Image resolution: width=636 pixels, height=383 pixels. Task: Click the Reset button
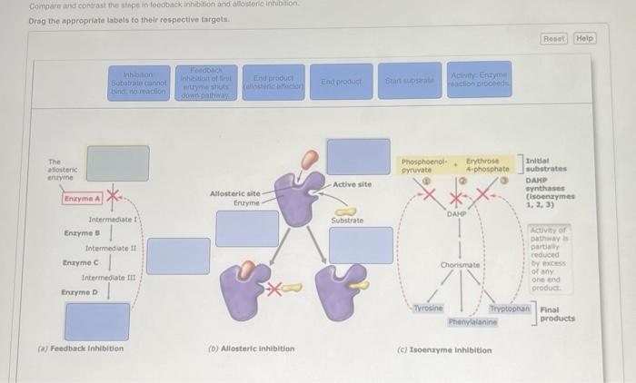(x=552, y=39)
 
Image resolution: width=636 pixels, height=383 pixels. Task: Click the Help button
(x=584, y=39)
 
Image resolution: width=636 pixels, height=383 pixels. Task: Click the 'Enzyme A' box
(x=83, y=198)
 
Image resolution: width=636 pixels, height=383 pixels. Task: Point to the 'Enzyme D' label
(x=81, y=292)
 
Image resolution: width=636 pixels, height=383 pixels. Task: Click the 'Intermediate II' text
(x=110, y=248)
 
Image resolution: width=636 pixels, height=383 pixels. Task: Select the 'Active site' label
(x=352, y=184)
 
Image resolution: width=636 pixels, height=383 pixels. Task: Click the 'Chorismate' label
(x=460, y=264)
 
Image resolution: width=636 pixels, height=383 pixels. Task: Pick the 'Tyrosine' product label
(x=423, y=309)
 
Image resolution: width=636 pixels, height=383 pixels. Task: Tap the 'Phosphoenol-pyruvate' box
(x=422, y=166)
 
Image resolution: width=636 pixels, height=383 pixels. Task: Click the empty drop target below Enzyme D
(x=97, y=321)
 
